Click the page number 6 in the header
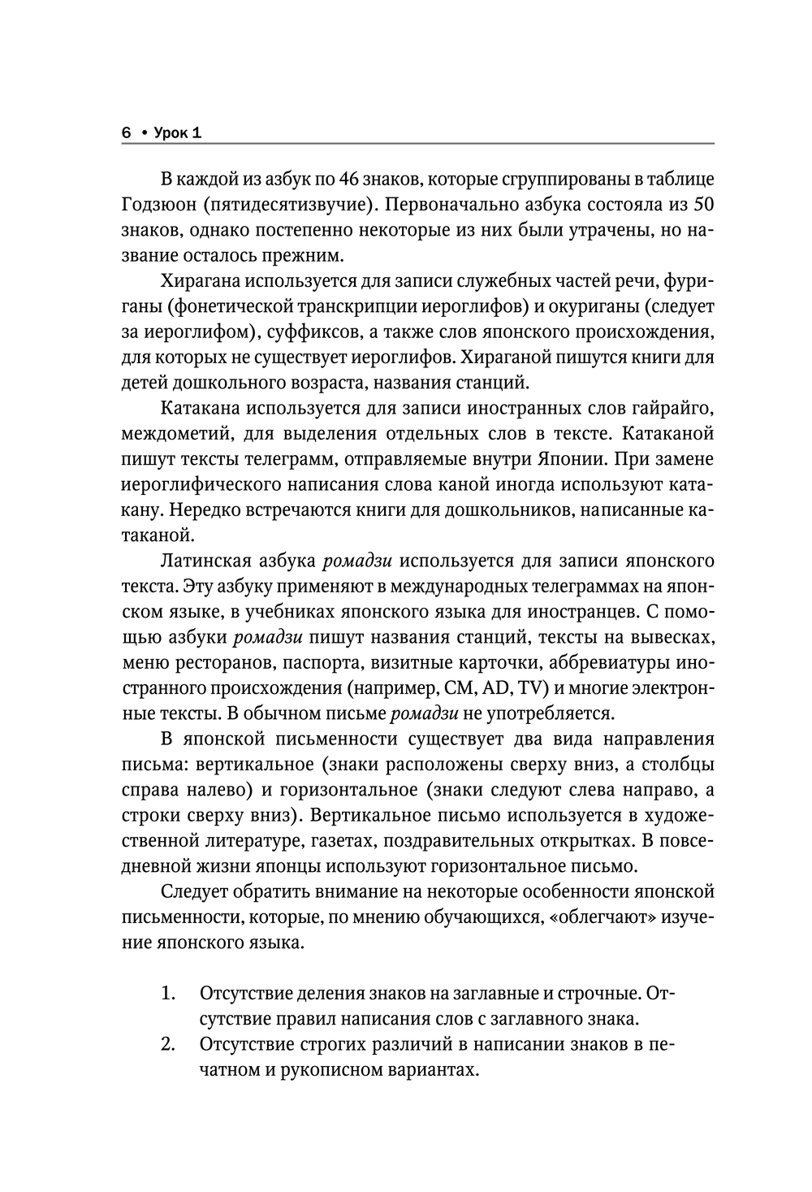tap(126, 133)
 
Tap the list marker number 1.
tap(168, 994)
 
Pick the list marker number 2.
tap(168, 1045)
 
